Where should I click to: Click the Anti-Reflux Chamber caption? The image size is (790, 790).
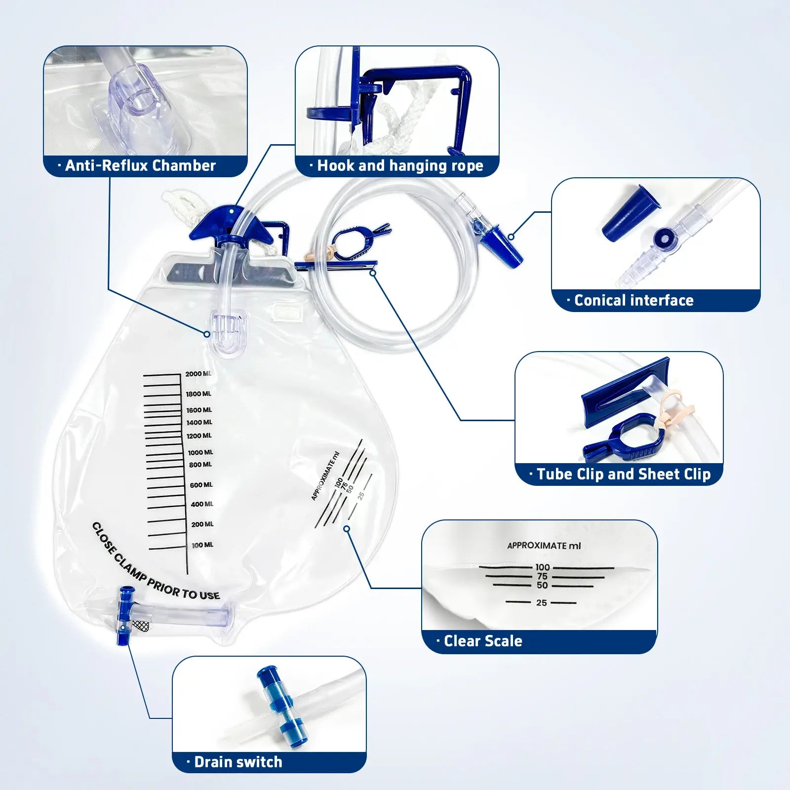(x=141, y=165)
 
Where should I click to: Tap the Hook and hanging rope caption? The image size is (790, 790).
(x=400, y=165)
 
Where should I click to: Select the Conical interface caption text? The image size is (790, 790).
(x=634, y=300)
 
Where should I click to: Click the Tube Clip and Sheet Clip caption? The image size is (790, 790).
(x=623, y=474)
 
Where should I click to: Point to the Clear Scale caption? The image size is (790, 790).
(x=482, y=641)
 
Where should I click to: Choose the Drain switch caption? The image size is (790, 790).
(x=238, y=762)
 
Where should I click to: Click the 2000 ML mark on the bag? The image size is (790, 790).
(x=198, y=374)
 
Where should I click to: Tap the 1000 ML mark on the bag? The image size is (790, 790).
(x=200, y=452)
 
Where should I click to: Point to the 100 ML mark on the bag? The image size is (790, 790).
(x=202, y=545)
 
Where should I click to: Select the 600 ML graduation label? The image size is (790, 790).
(x=201, y=485)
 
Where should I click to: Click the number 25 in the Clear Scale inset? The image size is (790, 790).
(x=542, y=603)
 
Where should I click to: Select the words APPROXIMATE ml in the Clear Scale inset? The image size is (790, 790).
(x=544, y=546)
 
